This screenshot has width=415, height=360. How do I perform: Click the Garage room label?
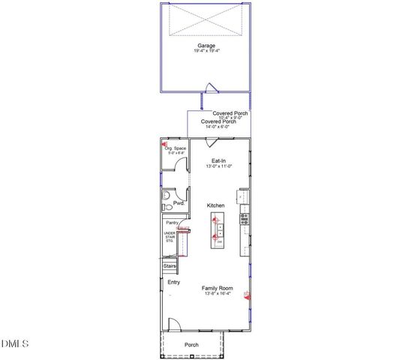click(x=206, y=46)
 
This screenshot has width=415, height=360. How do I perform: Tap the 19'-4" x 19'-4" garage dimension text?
click(x=206, y=52)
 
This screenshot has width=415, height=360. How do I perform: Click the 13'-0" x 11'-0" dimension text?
click(x=219, y=166)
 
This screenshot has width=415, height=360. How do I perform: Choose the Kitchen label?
click(x=216, y=205)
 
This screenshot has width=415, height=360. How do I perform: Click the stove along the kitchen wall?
click(x=244, y=219)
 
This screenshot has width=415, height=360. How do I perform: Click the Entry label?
click(x=173, y=282)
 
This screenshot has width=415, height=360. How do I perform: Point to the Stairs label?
click(x=170, y=265)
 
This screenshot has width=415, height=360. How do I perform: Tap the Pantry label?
click(x=172, y=223)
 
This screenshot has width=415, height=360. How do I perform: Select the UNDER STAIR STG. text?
click(x=170, y=238)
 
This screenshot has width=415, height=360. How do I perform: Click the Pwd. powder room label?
click(x=179, y=203)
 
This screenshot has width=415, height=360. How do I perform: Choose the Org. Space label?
click(x=175, y=148)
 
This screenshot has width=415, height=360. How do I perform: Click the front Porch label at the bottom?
click(x=193, y=345)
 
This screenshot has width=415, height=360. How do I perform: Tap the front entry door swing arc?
click(x=173, y=325)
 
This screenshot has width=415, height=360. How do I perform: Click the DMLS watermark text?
click(x=15, y=343)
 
